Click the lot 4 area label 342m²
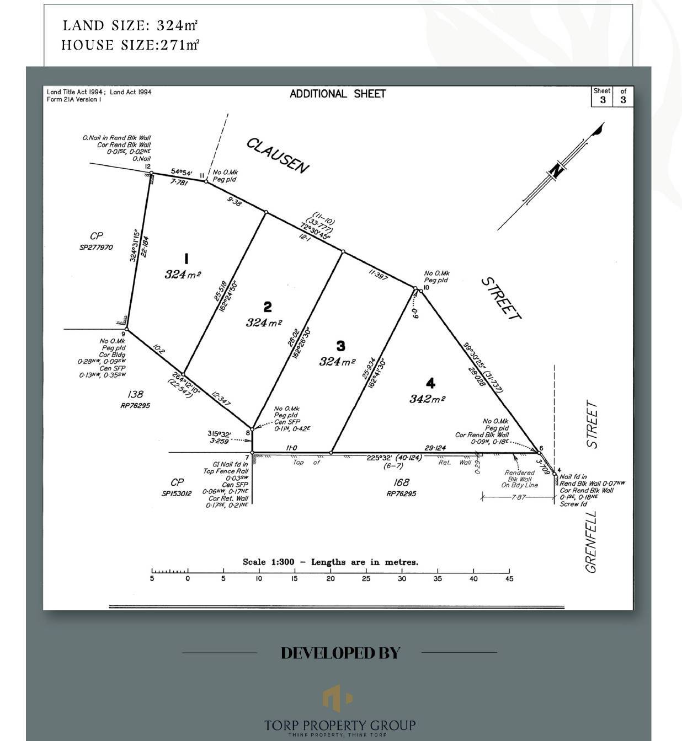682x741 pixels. [427, 399]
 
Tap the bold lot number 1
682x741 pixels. [187, 258]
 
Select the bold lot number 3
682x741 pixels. [340, 346]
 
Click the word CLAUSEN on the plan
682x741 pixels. [278, 155]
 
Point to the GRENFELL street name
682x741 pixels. [591, 542]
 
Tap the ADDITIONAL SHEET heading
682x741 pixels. [338, 94]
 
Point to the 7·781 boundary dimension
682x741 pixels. [180, 182]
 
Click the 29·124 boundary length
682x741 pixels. [435, 448]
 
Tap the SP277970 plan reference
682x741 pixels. [96, 248]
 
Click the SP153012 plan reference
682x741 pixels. [177, 493]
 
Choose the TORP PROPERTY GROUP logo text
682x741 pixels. [340, 725]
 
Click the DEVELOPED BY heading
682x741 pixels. [340, 653]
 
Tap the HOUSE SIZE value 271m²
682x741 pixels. [180, 45]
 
